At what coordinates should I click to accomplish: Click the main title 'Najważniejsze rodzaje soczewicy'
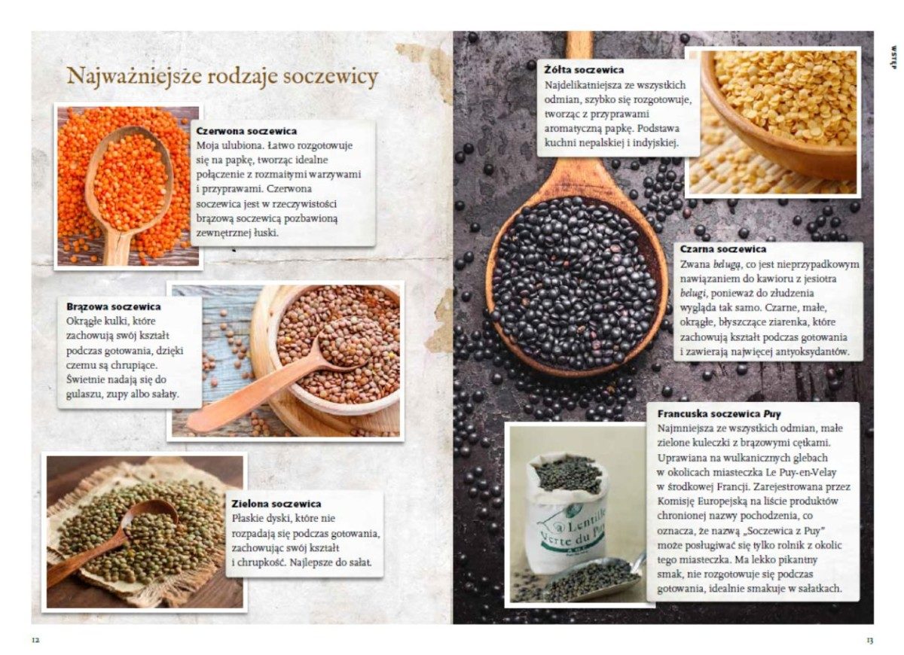(222, 77)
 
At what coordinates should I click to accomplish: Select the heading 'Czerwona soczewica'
(246, 131)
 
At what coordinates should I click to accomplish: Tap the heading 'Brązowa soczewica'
(114, 307)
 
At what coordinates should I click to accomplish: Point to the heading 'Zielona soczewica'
(276, 504)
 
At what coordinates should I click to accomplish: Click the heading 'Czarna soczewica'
(722, 249)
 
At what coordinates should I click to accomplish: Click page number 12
(35, 641)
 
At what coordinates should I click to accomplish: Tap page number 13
(869, 641)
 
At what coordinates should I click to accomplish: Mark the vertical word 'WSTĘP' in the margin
(893, 57)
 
